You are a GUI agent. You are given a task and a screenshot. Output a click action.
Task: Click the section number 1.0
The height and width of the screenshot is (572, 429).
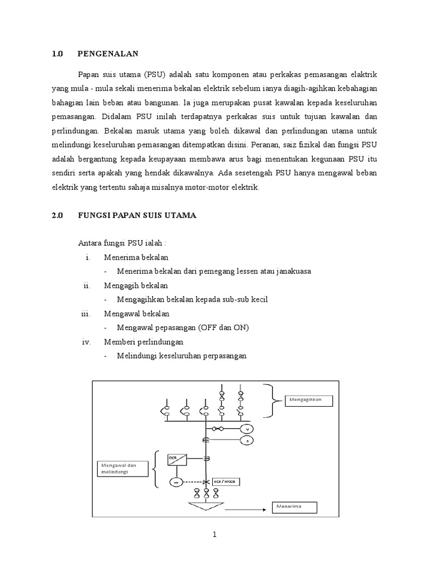[57, 54]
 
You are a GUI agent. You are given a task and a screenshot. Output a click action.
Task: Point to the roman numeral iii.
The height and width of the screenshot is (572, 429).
[85, 314]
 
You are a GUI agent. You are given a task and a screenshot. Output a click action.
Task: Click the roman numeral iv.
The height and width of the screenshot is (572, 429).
[85, 341]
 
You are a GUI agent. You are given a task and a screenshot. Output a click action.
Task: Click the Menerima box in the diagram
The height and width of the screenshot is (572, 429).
[294, 507]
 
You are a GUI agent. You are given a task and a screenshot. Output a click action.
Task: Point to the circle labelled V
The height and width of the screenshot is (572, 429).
[246, 429]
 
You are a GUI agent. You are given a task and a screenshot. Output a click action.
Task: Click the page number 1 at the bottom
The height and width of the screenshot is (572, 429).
[214, 535]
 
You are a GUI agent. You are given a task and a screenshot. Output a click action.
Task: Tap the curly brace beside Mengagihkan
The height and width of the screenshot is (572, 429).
[273, 401]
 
